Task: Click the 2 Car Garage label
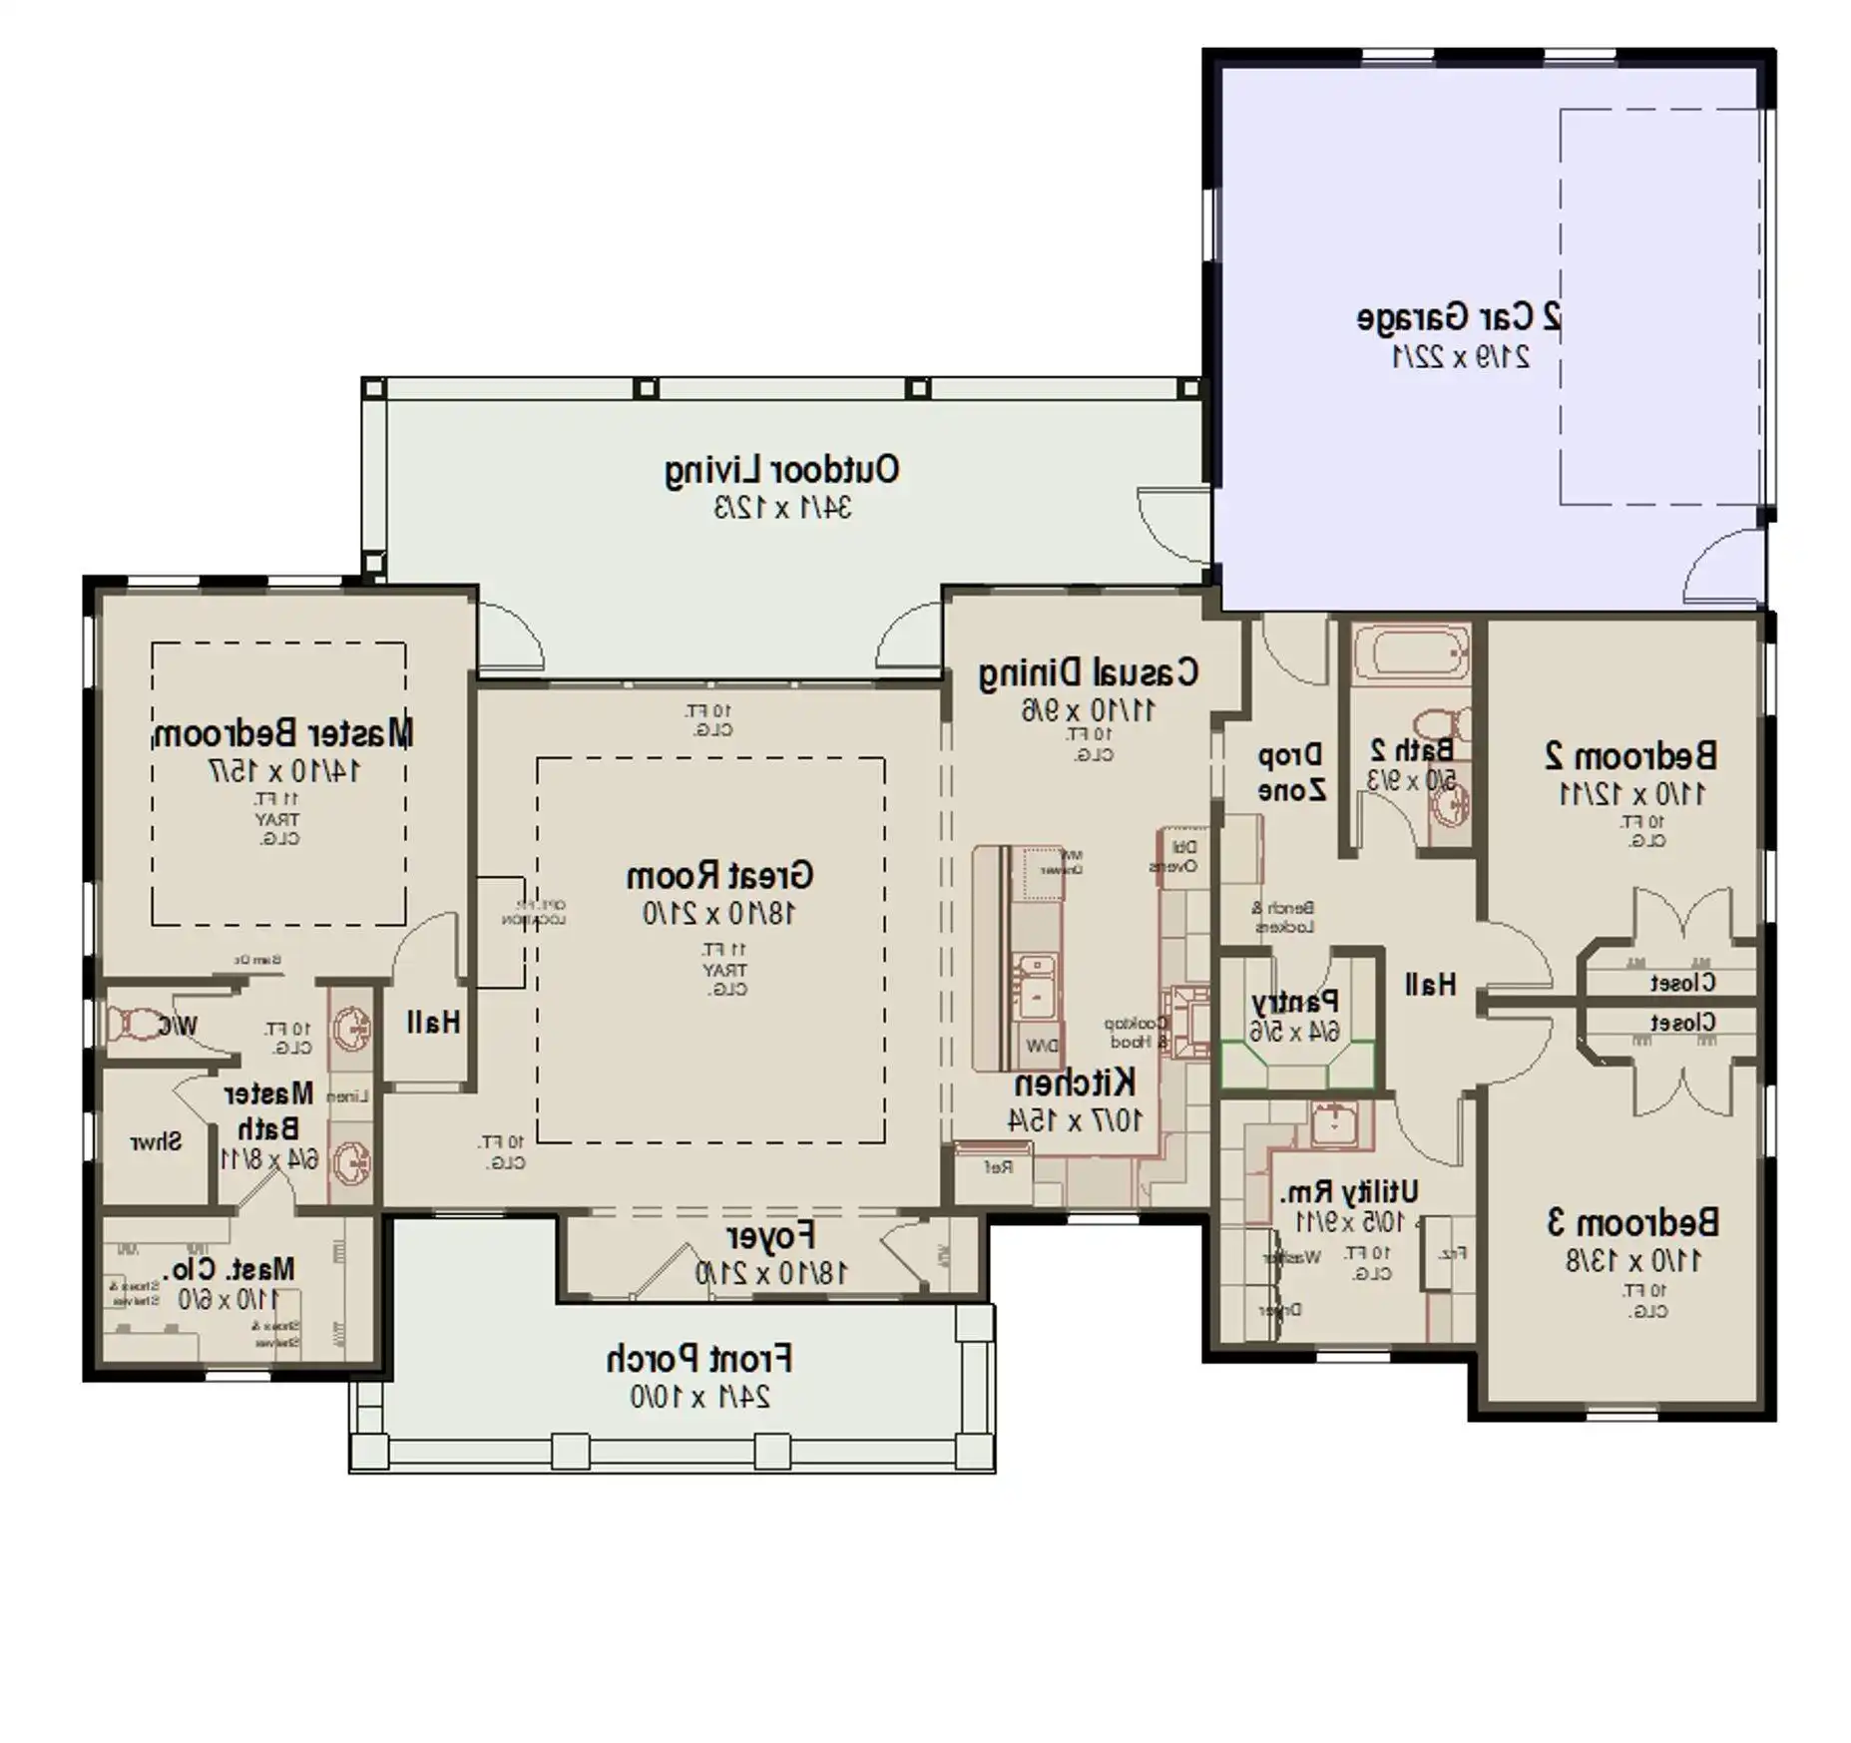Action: click(x=1458, y=317)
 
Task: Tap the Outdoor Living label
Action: click(x=781, y=470)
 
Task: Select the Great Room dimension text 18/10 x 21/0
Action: click(x=718, y=913)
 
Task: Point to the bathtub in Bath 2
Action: click(x=1411, y=654)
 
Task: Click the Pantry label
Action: click(x=1294, y=1001)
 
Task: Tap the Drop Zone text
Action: click(x=1290, y=773)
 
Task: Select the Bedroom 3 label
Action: click(x=1632, y=1222)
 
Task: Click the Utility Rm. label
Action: click(x=1349, y=1191)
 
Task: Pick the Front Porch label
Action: click(x=698, y=1359)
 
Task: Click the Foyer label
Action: click(x=770, y=1237)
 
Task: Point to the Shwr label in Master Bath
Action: click(x=156, y=1141)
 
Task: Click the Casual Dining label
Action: click(x=1088, y=672)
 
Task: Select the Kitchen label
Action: click(x=1074, y=1083)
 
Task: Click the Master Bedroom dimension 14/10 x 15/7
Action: click(x=284, y=770)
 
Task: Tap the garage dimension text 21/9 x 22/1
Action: click(x=1460, y=356)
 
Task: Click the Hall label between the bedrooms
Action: click(x=1430, y=985)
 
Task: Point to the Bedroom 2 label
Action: click(x=1630, y=755)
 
